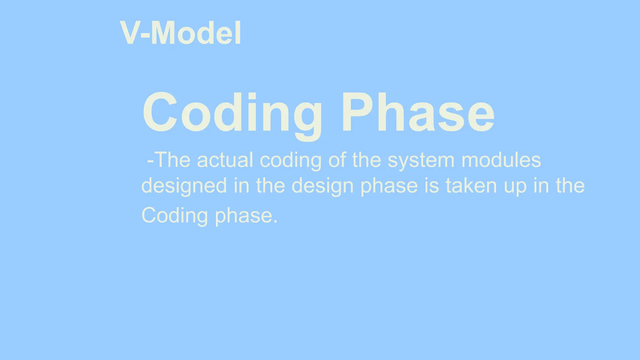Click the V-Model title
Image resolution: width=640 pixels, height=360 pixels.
click(x=180, y=33)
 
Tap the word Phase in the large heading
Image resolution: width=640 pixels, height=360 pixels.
click(x=418, y=112)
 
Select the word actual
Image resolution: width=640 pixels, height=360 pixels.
click(x=225, y=160)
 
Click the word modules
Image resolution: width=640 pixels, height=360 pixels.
click(x=501, y=160)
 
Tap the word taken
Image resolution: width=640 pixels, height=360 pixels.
click(x=471, y=186)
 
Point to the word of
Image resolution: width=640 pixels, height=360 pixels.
click(x=337, y=160)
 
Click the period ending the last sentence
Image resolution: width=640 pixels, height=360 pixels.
click(x=275, y=221)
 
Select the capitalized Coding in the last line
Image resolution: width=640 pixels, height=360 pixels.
click(x=174, y=216)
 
